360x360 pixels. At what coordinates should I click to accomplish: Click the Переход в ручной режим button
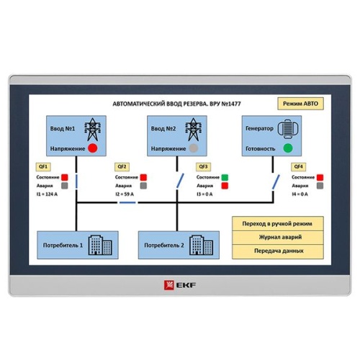tap(278, 224)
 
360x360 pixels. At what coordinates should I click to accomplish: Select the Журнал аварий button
tap(278, 238)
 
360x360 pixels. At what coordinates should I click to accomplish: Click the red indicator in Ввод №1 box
tap(92, 148)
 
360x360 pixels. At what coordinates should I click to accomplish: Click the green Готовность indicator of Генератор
tap(288, 148)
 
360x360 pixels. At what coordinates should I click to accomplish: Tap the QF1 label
tap(42, 166)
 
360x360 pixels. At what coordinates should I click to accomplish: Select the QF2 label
tap(122, 166)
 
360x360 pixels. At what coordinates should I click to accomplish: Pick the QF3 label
tap(204, 166)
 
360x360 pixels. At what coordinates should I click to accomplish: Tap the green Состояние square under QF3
tap(225, 176)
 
